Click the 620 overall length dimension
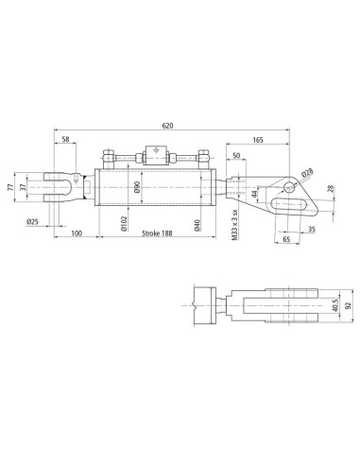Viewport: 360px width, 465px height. (167, 126)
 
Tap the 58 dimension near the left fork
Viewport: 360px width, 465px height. (65, 139)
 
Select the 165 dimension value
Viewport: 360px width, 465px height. (258, 140)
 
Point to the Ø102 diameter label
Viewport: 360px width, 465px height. (124, 223)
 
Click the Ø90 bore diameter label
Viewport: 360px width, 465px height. (136, 187)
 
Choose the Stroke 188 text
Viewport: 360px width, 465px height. (157, 233)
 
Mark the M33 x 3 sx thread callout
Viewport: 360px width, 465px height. (234, 225)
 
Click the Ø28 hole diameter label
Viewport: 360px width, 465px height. (307, 172)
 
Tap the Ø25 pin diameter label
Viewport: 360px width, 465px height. (32, 222)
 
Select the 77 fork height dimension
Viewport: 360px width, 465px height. (10, 187)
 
